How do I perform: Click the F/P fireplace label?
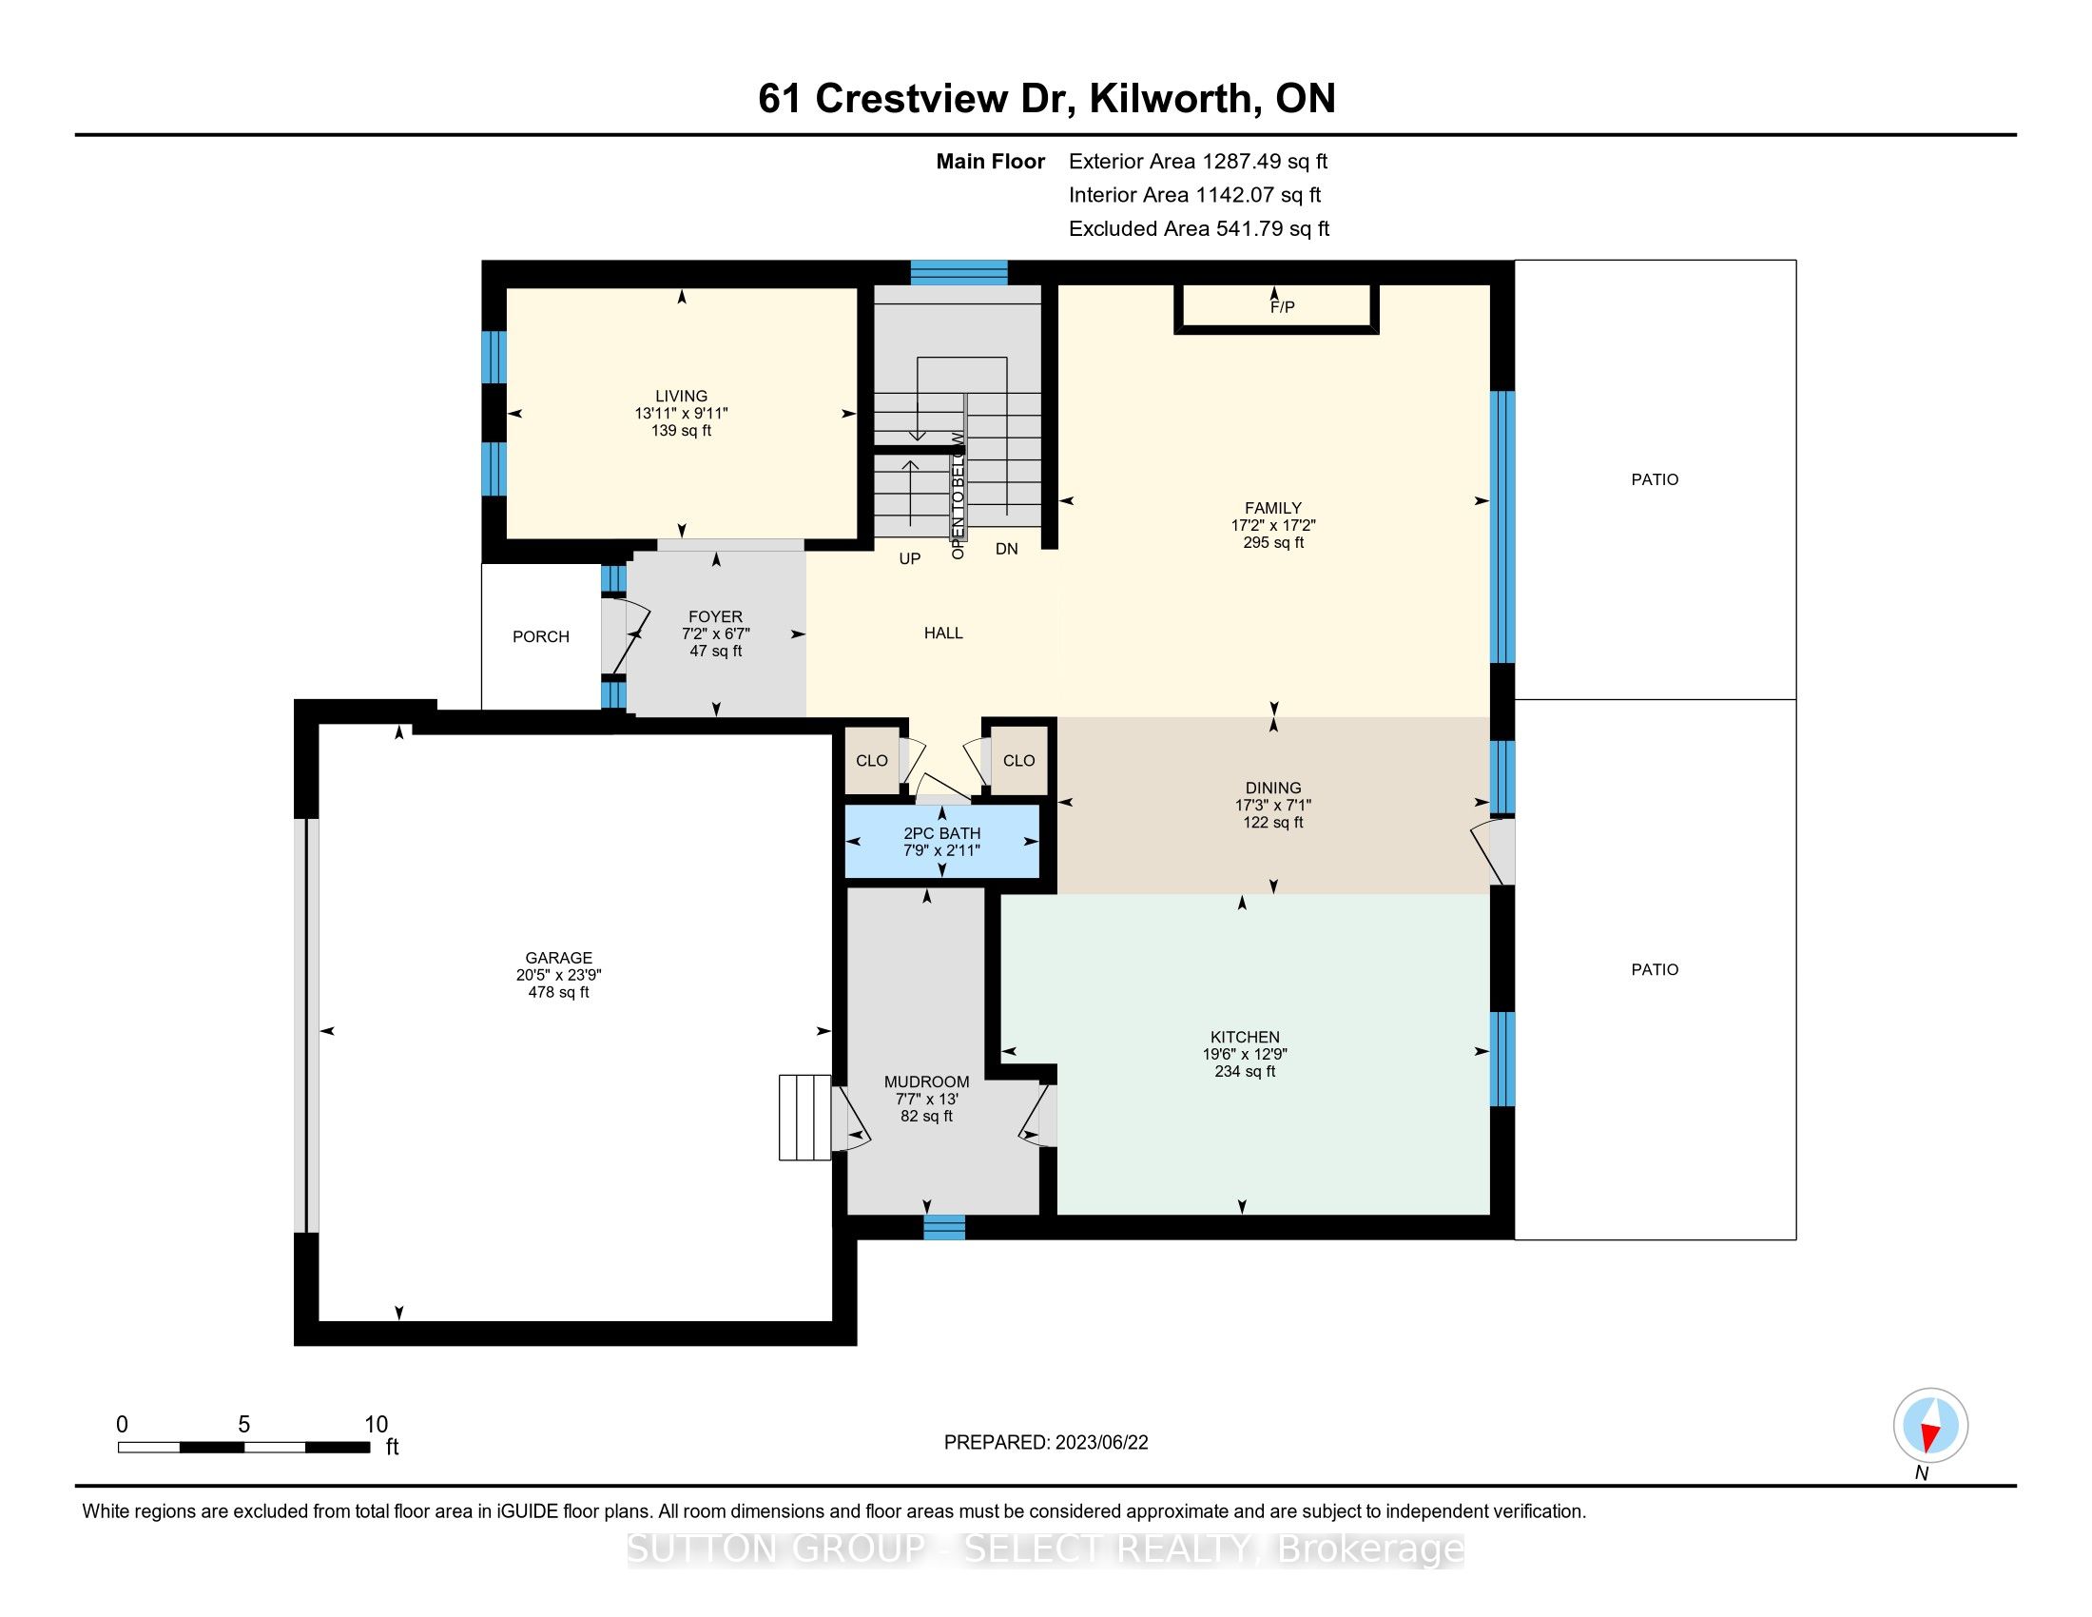click(1282, 306)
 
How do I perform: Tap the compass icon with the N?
click(1930, 1426)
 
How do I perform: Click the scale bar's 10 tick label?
click(377, 1425)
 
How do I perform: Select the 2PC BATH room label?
click(942, 833)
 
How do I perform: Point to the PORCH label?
click(541, 637)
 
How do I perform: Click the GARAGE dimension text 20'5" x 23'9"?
click(558, 975)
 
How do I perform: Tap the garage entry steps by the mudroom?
click(804, 1118)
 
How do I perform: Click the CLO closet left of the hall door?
click(872, 761)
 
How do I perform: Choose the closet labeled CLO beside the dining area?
click(1019, 761)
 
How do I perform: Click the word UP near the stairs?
click(910, 558)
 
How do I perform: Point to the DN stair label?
click(1007, 549)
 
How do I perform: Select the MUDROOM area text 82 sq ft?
click(927, 1116)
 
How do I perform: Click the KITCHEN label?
click(1246, 1037)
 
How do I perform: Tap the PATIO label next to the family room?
click(1656, 480)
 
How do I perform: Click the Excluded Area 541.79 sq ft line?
click(1199, 229)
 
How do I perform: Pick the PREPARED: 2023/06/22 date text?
click(1046, 1443)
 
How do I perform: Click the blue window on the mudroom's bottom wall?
click(944, 1227)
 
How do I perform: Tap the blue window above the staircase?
click(959, 273)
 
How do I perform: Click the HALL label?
click(943, 633)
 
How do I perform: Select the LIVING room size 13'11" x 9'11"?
click(682, 414)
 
